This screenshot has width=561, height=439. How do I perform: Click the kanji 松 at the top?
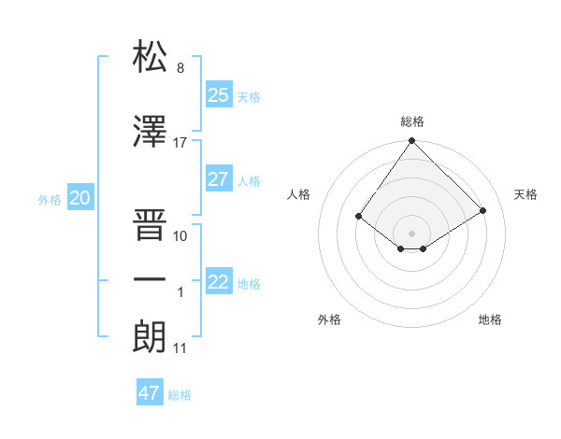(x=150, y=57)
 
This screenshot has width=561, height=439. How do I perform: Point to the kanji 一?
(x=150, y=279)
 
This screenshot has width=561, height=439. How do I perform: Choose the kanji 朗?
(x=150, y=335)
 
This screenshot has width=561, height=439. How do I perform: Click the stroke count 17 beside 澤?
(x=180, y=143)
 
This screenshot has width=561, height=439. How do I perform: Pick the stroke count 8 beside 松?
(x=180, y=68)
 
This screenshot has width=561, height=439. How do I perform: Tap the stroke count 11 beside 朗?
(x=180, y=348)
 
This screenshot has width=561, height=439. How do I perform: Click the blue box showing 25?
(x=218, y=94)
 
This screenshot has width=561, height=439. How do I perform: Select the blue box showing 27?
(x=218, y=179)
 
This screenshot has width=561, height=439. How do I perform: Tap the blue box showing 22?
(x=218, y=282)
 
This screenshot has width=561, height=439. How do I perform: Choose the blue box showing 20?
(x=80, y=197)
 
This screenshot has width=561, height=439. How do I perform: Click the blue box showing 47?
(x=150, y=392)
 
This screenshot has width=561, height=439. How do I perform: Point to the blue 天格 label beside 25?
(x=249, y=96)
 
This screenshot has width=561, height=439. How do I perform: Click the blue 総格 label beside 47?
(x=180, y=395)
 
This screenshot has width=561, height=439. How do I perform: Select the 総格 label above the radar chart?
(x=411, y=121)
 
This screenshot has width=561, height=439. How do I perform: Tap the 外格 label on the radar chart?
(x=328, y=319)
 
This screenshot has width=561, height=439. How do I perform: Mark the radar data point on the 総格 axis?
(x=411, y=141)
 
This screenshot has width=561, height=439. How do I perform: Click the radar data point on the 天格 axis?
(x=483, y=210)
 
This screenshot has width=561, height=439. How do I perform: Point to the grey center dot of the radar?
(x=411, y=233)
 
